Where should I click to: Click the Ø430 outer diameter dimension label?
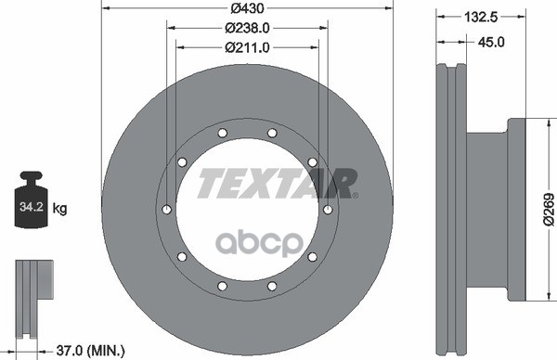247,8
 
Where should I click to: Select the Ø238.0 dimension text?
247,28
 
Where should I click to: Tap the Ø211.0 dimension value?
247,47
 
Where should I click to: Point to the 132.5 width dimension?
481,17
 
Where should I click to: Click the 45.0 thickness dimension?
491,42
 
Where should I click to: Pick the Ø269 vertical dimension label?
549,209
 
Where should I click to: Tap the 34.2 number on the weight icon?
32,207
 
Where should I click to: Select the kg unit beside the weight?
59,209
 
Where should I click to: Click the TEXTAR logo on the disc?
278,184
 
